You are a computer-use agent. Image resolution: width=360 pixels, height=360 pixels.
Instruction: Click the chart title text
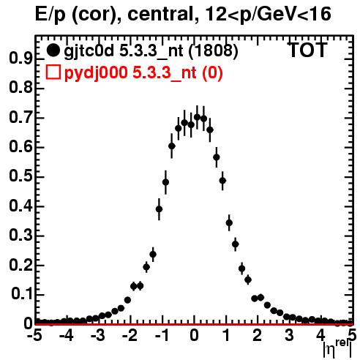coord(183,15)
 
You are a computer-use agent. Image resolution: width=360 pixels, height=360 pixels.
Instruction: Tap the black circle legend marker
coord(53,50)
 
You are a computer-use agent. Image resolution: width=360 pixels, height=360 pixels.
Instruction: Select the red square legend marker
coord(53,72)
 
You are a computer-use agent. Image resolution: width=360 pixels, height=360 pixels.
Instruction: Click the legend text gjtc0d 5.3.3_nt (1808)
coord(151,51)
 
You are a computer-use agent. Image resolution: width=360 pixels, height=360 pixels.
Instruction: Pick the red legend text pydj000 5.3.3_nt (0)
coord(143,73)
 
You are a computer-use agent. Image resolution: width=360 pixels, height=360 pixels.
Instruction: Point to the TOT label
coord(307,50)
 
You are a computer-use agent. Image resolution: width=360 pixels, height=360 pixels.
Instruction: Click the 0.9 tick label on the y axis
coord(20,59)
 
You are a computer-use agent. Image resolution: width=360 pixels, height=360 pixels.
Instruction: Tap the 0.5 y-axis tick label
coord(20,176)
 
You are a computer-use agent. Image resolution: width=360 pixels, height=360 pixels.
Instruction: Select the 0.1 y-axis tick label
coord(22,294)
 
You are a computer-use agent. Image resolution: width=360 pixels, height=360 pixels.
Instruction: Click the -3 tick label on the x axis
coord(98,335)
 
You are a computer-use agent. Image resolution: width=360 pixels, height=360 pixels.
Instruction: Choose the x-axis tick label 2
coord(257,335)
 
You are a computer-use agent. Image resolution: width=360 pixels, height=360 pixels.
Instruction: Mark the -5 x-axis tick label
coord(34,335)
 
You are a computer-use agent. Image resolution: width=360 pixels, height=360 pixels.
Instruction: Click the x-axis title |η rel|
coord(337,348)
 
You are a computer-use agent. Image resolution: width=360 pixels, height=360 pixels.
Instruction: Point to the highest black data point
coord(197,117)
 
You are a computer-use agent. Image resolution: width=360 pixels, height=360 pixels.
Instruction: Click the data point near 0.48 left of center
coord(165,182)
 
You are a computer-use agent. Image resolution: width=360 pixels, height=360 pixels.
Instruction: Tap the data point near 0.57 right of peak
coord(217,157)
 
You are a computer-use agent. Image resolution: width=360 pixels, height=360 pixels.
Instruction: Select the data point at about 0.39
coord(159,209)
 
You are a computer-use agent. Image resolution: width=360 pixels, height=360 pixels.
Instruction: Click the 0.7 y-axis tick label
coord(20,118)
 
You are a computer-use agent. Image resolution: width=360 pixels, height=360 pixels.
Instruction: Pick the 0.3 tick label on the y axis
coord(20,236)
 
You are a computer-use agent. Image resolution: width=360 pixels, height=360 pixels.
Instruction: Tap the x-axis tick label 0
coord(194,335)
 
